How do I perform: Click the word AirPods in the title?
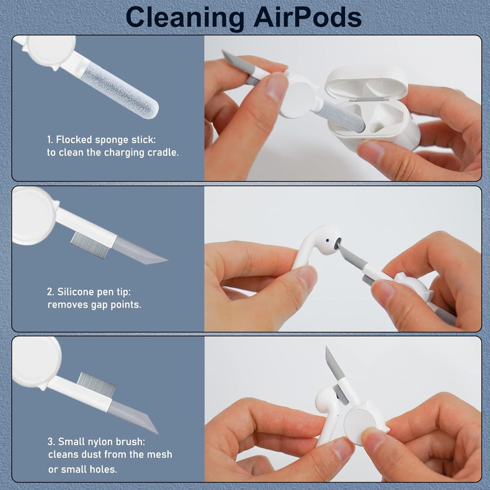click(x=308, y=17)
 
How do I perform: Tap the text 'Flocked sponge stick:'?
click(x=105, y=140)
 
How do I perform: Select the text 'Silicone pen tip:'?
click(x=94, y=292)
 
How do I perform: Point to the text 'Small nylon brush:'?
click(x=101, y=442)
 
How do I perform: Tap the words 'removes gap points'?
click(x=94, y=305)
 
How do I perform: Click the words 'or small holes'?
click(x=82, y=469)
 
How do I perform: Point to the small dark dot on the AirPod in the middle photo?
click(x=327, y=240)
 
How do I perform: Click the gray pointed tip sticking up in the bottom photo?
click(x=330, y=361)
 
